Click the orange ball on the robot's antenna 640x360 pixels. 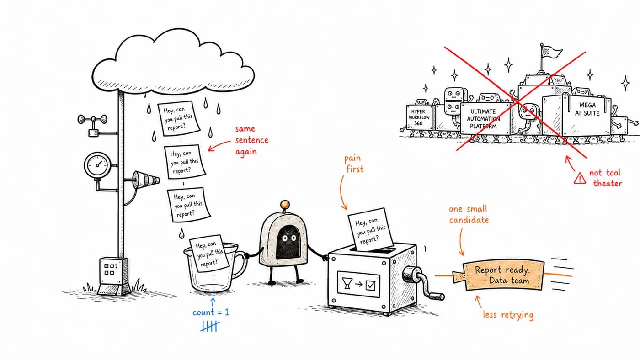(x=284, y=205)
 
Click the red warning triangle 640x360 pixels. (x=580, y=179)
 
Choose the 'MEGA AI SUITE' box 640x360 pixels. (x=576, y=115)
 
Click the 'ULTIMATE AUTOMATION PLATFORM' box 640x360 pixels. (x=485, y=118)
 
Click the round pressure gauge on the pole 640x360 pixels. (x=97, y=165)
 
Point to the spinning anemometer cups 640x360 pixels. (x=92, y=119)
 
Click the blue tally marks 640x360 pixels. (x=210, y=326)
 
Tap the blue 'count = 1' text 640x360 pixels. (x=211, y=312)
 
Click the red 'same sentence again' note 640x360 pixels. (x=252, y=140)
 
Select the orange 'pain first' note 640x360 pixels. (x=354, y=164)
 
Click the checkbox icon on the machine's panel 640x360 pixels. (x=371, y=285)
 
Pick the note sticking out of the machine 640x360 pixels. (x=370, y=229)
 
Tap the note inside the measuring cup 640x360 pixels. (x=209, y=254)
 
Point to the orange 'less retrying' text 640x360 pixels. (x=508, y=315)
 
